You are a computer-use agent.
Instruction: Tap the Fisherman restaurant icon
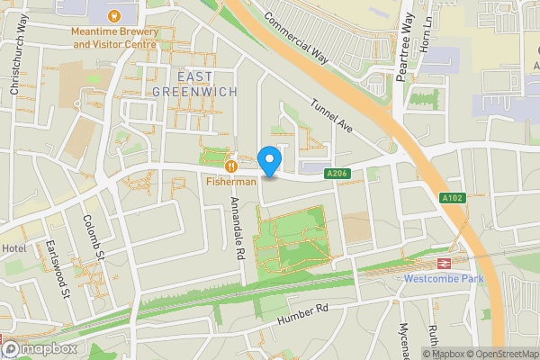pyautogui.click(x=231, y=165)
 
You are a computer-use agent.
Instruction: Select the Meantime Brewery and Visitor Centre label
pyautogui.click(x=115, y=37)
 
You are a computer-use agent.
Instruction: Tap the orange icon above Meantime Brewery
pyautogui.click(x=115, y=15)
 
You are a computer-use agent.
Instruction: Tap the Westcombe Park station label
pyautogui.click(x=443, y=278)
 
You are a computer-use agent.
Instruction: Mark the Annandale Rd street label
pyautogui.click(x=239, y=229)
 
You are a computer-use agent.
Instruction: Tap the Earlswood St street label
pyautogui.click(x=58, y=270)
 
